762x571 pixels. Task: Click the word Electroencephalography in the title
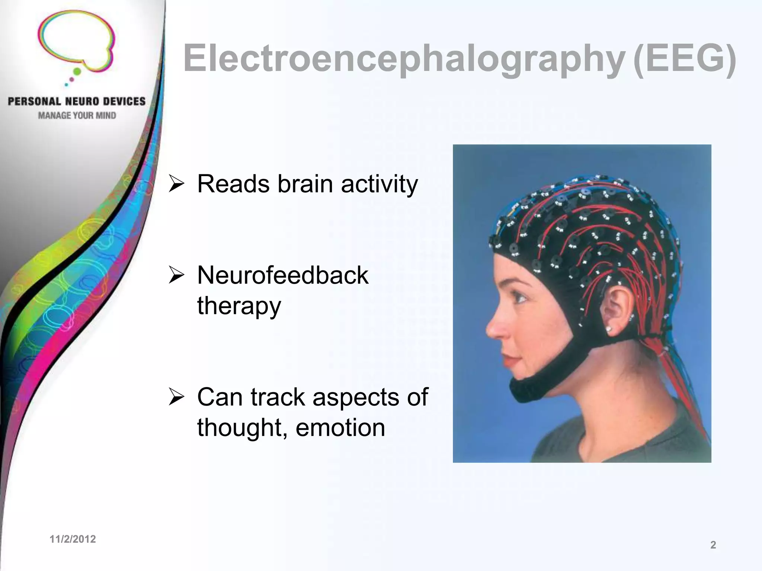pyautogui.click(x=404, y=59)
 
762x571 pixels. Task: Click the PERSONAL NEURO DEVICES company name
pyautogui.click(x=77, y=101)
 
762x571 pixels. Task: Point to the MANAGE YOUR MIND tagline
pyautogui.click(x=77, y=116)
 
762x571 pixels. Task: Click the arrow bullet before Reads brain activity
pyautogui.click(x=176, y=184)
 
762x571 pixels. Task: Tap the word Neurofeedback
pyautogui.click(x=283, y=275)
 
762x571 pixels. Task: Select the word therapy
pyautogui.click(x=239, y=306)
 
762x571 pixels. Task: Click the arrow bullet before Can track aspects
pyautogui.click(x=176, y=397)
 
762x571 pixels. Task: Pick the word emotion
pyautogui.click(x=340, y=428)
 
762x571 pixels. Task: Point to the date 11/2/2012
pyautogui.click(x=73, y=539)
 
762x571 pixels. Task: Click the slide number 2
pyautogui.click(x=713, y=545)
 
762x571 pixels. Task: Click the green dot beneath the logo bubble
pyautogui.click(x=77, y=71)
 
